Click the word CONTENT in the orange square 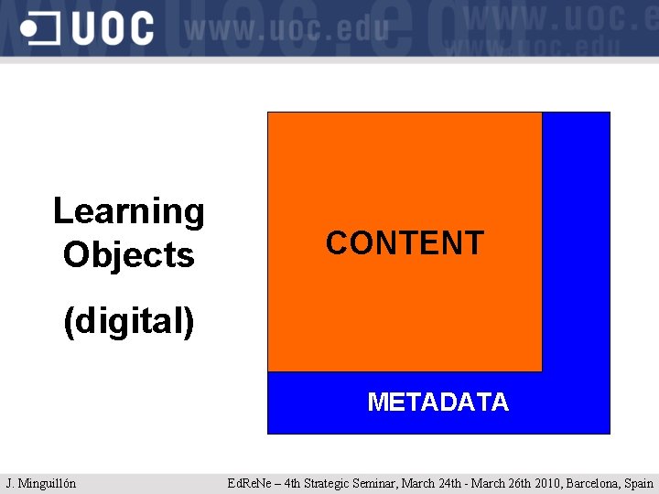(404, 243)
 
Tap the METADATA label (438, 403)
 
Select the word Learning (129, 212)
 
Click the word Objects (129, 255)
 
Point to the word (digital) (129, 321)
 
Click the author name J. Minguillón (41, 483)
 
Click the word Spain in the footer (639, 483)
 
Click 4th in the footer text (290, 483)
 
